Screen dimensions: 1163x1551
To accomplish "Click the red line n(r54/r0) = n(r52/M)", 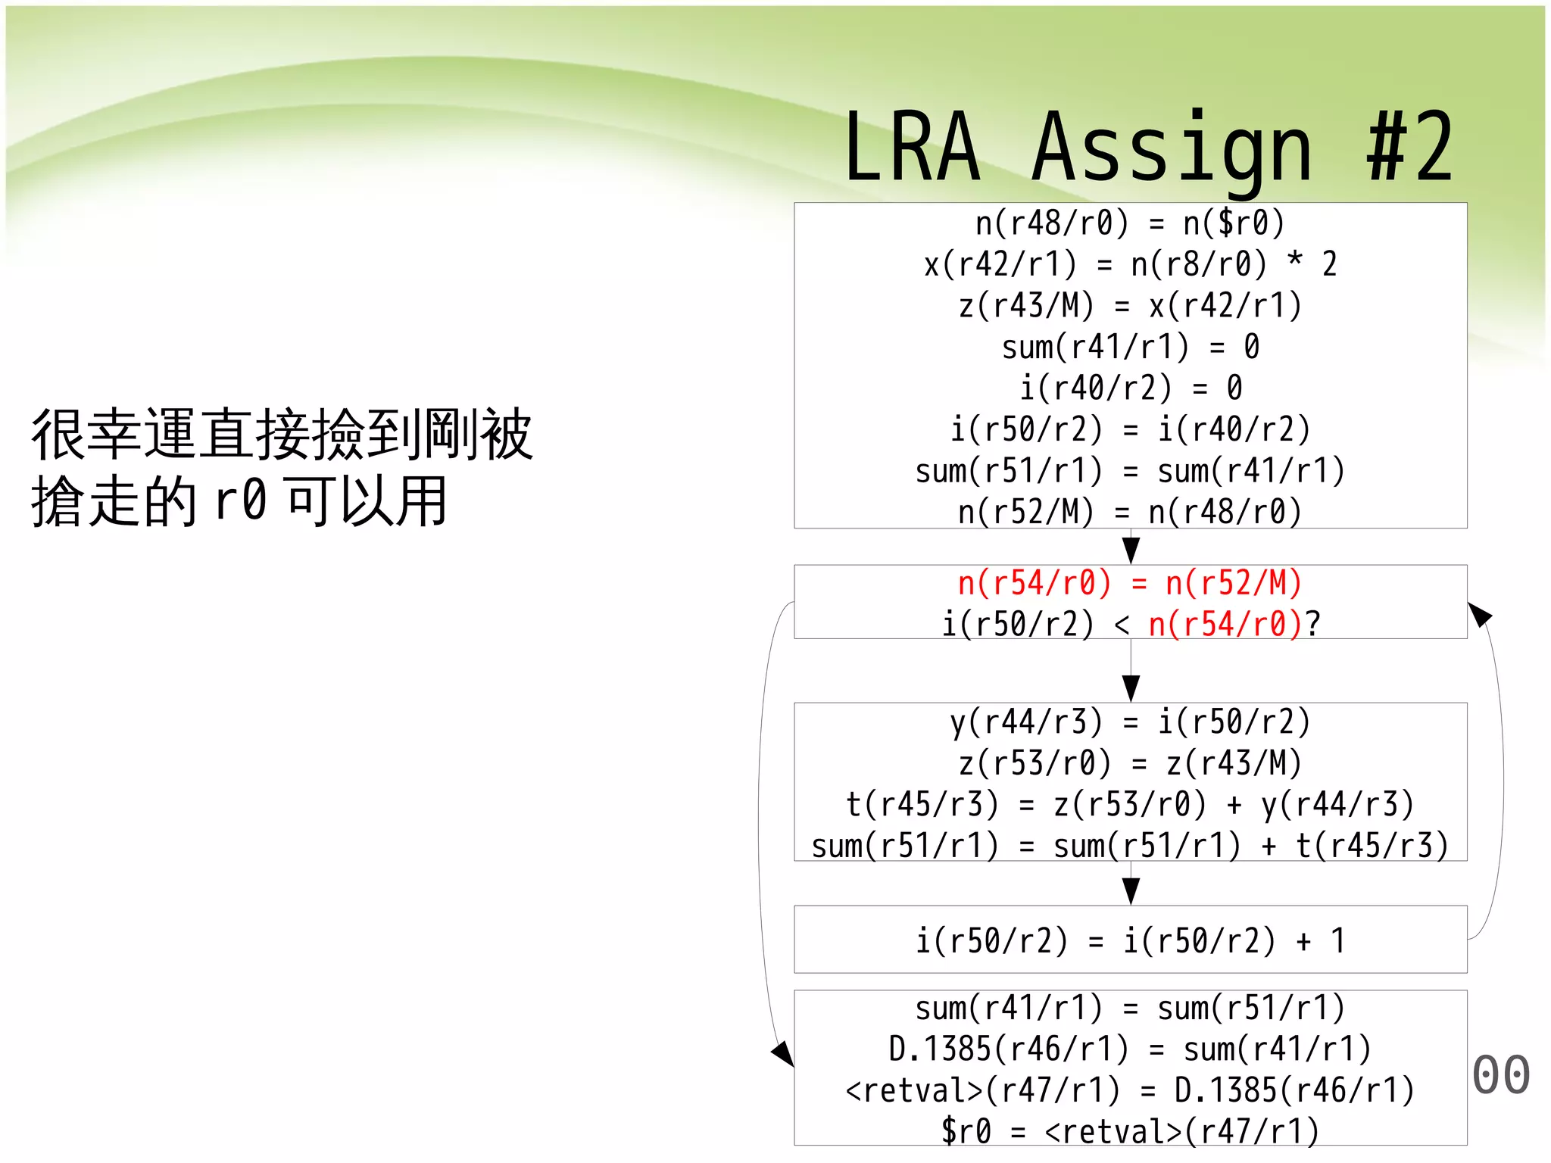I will (1130, 584).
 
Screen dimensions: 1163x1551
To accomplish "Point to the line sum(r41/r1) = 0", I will (1130, 348).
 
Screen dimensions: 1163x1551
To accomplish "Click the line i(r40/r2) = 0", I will (1130, 388).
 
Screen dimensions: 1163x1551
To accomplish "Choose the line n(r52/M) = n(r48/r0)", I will (1130, 513).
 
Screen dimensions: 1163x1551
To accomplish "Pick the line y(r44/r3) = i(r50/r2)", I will (1130, 722).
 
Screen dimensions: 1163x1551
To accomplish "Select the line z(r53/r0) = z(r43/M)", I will (1130, 763).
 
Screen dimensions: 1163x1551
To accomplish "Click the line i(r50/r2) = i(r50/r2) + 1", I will (1130, 941).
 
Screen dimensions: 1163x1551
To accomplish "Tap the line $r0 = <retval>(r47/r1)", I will (1130, 1131).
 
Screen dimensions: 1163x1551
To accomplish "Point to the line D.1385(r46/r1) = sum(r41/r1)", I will (1130, 1049).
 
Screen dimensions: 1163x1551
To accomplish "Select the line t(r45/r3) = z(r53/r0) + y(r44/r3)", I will (1130, 804).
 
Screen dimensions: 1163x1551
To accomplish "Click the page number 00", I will (1501, 1075).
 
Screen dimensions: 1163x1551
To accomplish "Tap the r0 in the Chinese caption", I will (241, 501).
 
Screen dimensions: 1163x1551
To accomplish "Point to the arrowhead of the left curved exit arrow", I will (783, 1052).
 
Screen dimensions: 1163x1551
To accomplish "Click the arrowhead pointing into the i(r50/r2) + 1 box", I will (1131, 891).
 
